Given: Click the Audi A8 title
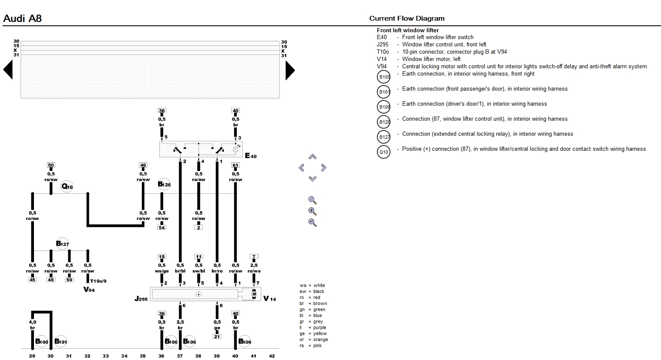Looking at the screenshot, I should pyautogui.click(x=22, y=18).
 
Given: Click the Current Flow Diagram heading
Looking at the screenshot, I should pyautogui.click(x=407, y=18).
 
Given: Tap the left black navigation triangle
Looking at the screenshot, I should pyautogui.click(x=8, y=70).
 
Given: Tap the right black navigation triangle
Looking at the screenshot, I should pyautogui.click(x=290, y=70).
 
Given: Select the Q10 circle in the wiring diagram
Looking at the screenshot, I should pyautogui.click(x=67, y=186).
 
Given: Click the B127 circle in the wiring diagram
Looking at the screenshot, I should pyautogui.click(x=62, y=244).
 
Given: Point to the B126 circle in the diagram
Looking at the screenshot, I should pyautogui.click(x=164, y=185).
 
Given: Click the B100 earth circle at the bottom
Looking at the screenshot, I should pyautogui.click(x=42, y=342).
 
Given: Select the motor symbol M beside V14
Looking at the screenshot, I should pyautogui.click(x=254, y=294).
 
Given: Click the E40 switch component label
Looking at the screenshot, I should pyautogui.click(x=251, y=156).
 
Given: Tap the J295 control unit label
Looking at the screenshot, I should pyautogui.click(x=141, y=298).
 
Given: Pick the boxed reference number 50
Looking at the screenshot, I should pyautogui.click(x=51, y=165).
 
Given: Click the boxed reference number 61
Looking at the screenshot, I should pyautogui.click(x=236, y=165).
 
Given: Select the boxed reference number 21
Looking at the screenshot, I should pyautogui.click(x=217, y=336).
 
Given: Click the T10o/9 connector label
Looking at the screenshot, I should pyautogui.click(x=98, y=281).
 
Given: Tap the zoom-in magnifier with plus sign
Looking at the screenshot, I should pyautogui.click(x=312, y=211).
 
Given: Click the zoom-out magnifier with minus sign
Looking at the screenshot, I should pyautogui.click(x=312, y=223).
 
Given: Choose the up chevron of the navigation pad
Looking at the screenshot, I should pyautogui.click(x=312, y=157).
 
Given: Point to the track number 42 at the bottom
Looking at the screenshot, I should pyautogui.click(x=272, y=356).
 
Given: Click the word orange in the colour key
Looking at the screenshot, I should pyautogui.click(x=320, y=339).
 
